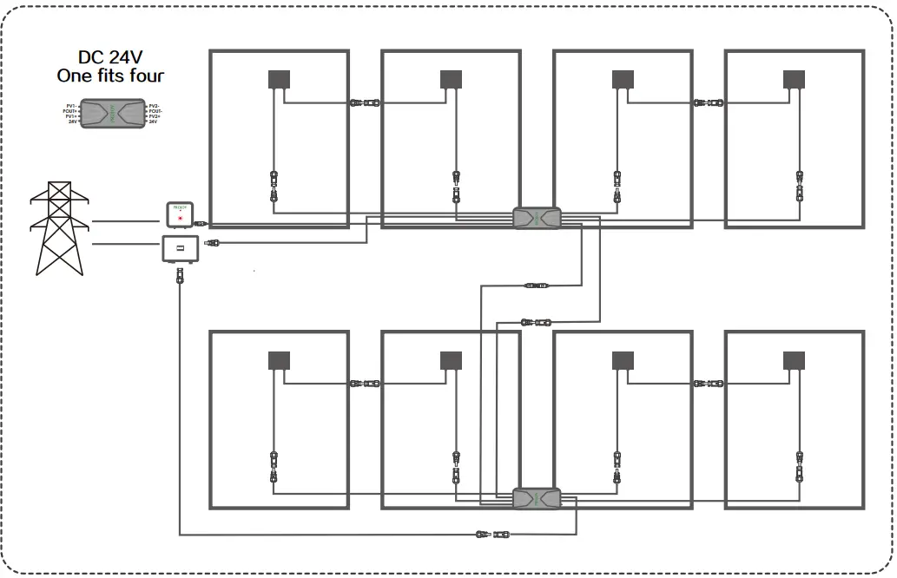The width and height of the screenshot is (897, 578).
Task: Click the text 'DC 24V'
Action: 110,58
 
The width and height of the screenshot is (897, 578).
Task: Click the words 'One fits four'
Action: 110,76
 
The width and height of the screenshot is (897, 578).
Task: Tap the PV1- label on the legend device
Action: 71,104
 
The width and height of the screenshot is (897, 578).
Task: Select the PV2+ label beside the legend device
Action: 155,116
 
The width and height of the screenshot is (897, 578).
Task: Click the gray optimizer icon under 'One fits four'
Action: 113,114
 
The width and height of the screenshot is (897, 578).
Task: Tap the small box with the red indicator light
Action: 180,212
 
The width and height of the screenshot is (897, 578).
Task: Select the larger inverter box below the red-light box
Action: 180,250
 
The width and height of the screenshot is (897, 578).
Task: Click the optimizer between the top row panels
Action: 537,217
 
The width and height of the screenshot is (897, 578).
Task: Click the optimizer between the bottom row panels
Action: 537,498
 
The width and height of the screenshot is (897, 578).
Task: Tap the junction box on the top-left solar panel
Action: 279,78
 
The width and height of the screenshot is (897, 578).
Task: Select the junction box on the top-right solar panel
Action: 795,78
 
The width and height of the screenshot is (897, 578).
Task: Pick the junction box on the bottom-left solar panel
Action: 279,359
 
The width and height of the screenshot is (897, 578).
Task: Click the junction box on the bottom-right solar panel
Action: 795,359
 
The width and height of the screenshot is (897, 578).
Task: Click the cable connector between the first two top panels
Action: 365,102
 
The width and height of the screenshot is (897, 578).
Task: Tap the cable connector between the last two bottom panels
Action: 709,383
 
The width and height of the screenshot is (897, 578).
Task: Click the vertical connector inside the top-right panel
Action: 799,186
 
